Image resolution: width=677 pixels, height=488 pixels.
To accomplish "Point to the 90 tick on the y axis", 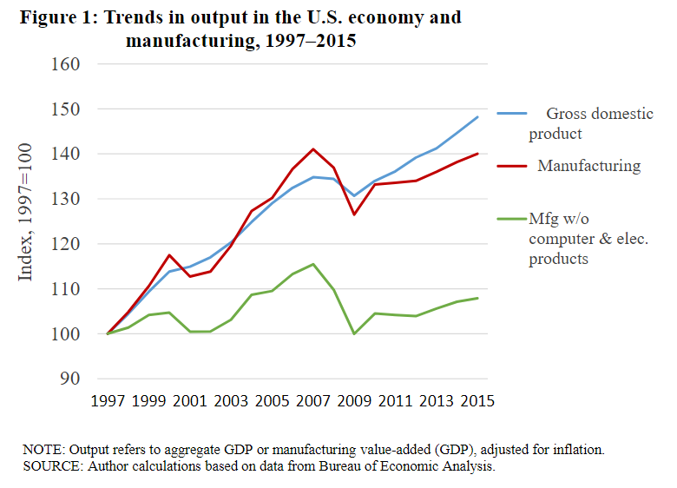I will [x=69, y=379].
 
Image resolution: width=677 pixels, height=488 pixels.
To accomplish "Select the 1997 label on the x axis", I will [x=108, y=401].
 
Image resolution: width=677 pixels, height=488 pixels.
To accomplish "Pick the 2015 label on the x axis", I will [x=478, y=401].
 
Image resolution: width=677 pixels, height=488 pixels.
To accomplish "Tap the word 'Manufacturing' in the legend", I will [x=589, y=166].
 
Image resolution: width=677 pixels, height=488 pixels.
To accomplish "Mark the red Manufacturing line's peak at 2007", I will [x=312, y=149].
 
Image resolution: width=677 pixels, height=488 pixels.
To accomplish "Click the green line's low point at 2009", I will [x=354, y=333].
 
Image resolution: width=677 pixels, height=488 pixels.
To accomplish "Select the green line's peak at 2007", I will [x=312, y=264].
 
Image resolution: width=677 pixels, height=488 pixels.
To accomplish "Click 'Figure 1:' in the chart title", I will [x=57, y=17].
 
